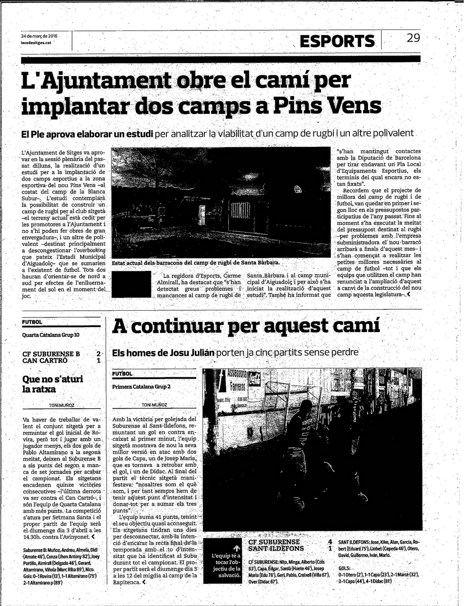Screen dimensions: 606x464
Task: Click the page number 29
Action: pos(413,38)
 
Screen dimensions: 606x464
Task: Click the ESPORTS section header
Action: pos(337,41)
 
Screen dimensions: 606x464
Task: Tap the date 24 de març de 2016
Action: pos(39,36)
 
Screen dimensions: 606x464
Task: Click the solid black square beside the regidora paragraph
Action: pos(131,284)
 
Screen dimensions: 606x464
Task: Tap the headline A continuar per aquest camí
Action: pos(246,326)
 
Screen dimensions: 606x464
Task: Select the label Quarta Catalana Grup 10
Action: pos(51,335)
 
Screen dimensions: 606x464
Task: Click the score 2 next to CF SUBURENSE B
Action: pos(98,354)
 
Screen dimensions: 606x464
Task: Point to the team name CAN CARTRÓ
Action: pos(45,361)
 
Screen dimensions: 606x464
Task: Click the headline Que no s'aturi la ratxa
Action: pos(53,384)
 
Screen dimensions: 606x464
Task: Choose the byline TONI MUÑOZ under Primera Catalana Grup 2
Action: pos(154,405)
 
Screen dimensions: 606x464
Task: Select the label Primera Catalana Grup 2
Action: pos(141,387)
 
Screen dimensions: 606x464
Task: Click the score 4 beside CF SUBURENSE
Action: pos(330,542)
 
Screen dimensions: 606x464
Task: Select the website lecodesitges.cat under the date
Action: pos(36,42)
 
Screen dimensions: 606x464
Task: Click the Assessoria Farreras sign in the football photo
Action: pos(237,381)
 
